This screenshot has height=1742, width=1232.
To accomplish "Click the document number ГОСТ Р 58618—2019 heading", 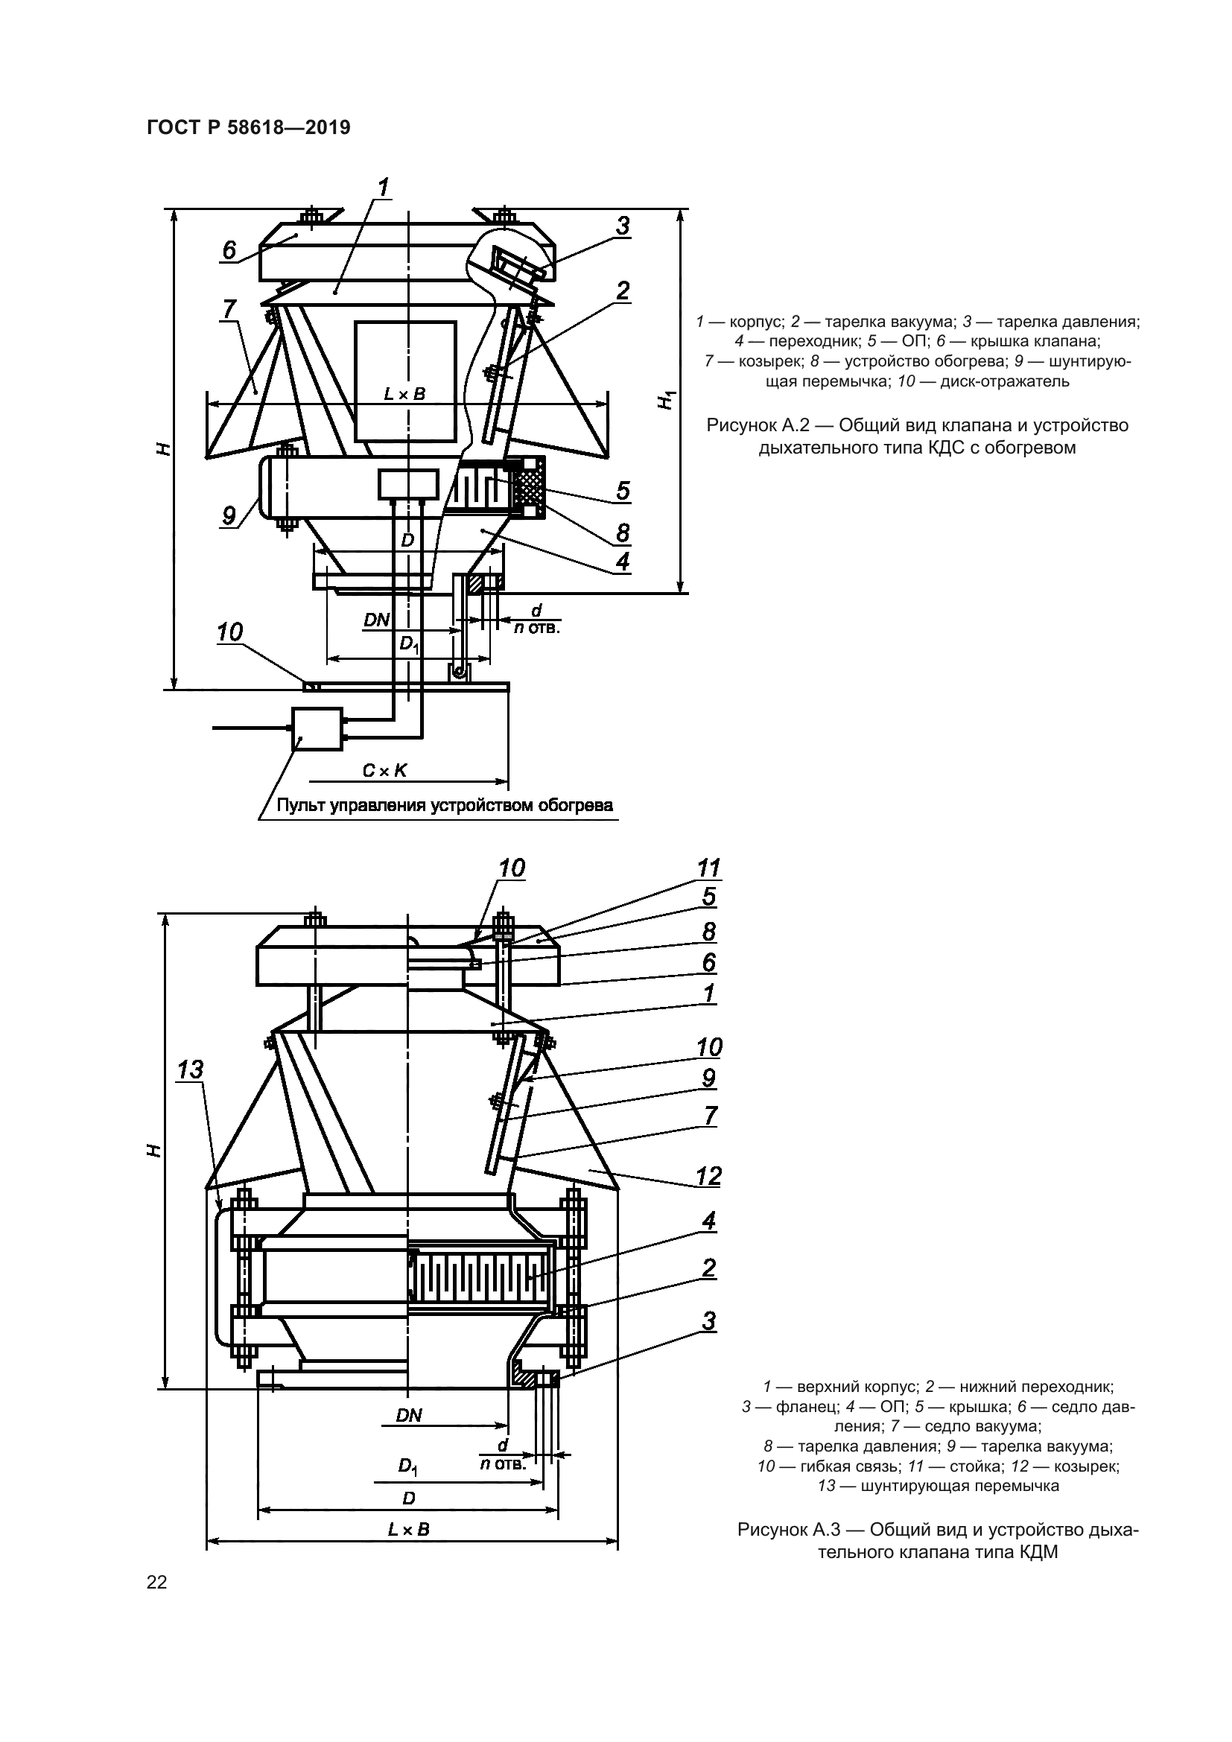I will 248,127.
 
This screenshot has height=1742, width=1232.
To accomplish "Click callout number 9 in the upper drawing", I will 229,516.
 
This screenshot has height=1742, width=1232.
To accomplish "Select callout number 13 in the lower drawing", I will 190,1070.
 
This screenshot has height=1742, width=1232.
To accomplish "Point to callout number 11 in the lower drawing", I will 708,867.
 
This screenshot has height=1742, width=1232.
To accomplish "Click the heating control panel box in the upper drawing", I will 317,729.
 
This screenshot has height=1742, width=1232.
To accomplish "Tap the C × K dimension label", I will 384,771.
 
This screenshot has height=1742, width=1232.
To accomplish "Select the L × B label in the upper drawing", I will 404,394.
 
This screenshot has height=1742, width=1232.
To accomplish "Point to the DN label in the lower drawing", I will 409,1415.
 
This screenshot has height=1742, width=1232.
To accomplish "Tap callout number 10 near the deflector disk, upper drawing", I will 230,632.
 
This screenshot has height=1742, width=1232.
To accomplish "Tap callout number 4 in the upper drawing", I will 622,562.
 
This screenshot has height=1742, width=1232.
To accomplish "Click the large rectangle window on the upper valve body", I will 405,381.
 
